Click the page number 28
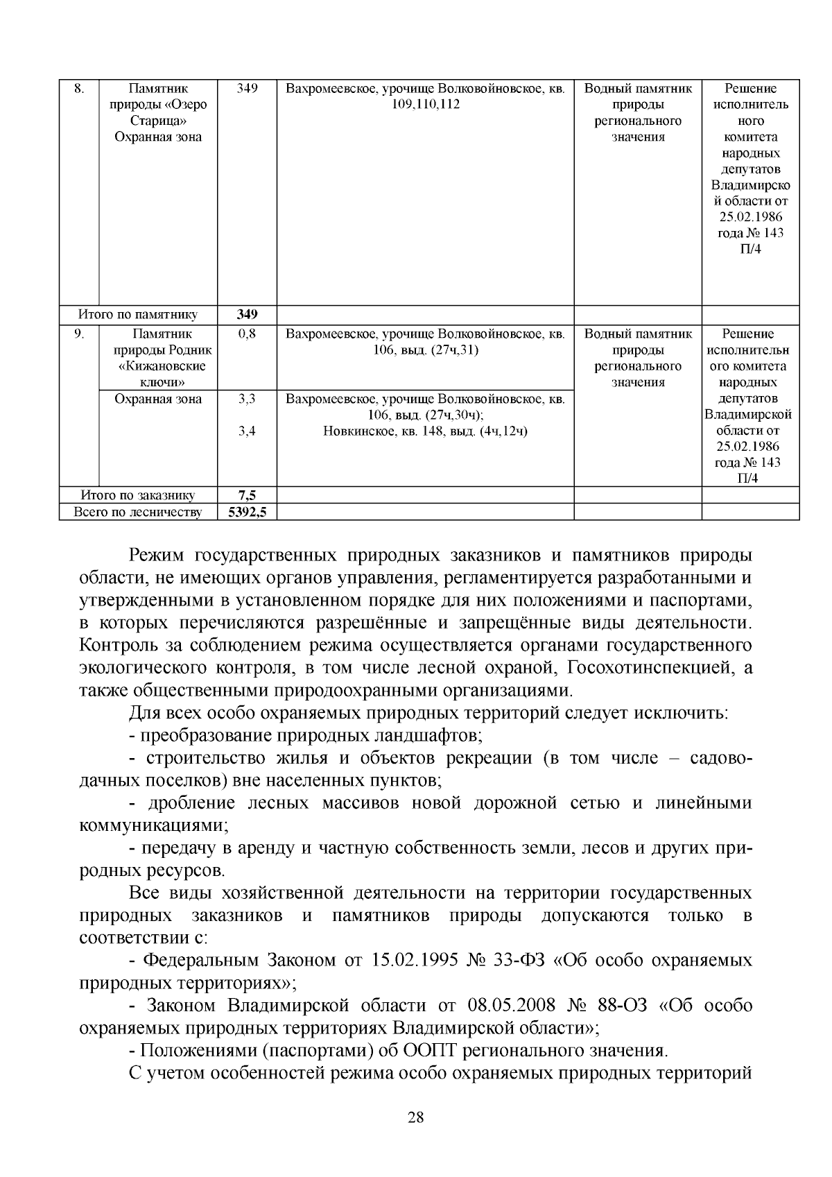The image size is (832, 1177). coord(416,1117)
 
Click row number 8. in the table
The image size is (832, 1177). coord(78,89)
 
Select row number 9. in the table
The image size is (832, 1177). coord(80,334)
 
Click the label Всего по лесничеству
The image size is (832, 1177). coord(139,513)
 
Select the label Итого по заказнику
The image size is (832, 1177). coord(138,495)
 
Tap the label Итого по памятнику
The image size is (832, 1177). coord(138,315)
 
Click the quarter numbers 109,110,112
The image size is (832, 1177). coord(425,105)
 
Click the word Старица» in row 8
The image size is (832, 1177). coord(158,121)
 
